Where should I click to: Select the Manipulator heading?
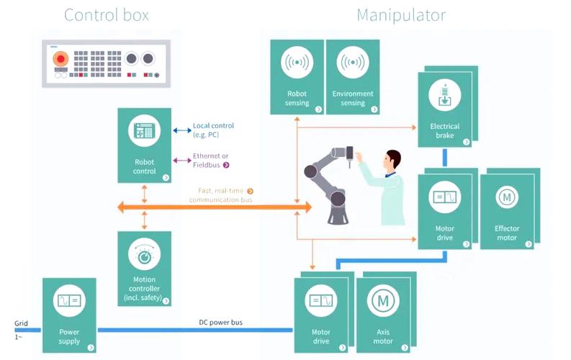tap(400, 15)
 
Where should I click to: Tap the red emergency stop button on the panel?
tap(61, 58)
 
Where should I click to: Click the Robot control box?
tap(145, 145)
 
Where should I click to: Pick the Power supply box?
tap(70, 315)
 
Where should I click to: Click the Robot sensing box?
tap(297, 77)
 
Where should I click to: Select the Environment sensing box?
tap(353, 77)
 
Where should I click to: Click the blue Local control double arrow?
tap(181, 131)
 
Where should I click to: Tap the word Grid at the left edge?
tap(21, 323)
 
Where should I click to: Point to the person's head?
tap(392, 159)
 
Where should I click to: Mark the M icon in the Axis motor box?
tap(382, 300)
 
